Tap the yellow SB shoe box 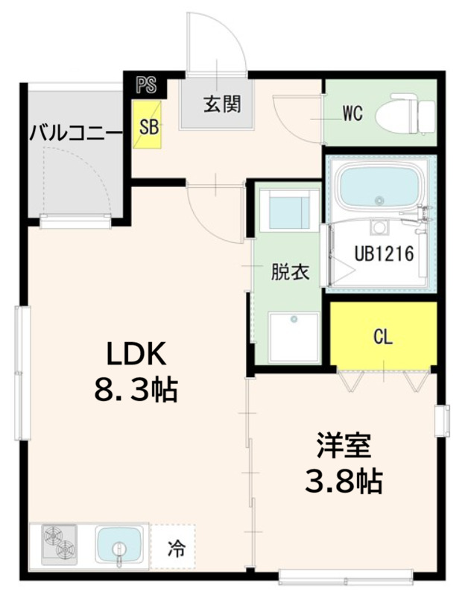148,126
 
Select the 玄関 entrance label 222,105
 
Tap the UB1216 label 383,253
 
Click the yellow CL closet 383,337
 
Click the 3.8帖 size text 342,482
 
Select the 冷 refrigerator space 174,550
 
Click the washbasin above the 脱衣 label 290,211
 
